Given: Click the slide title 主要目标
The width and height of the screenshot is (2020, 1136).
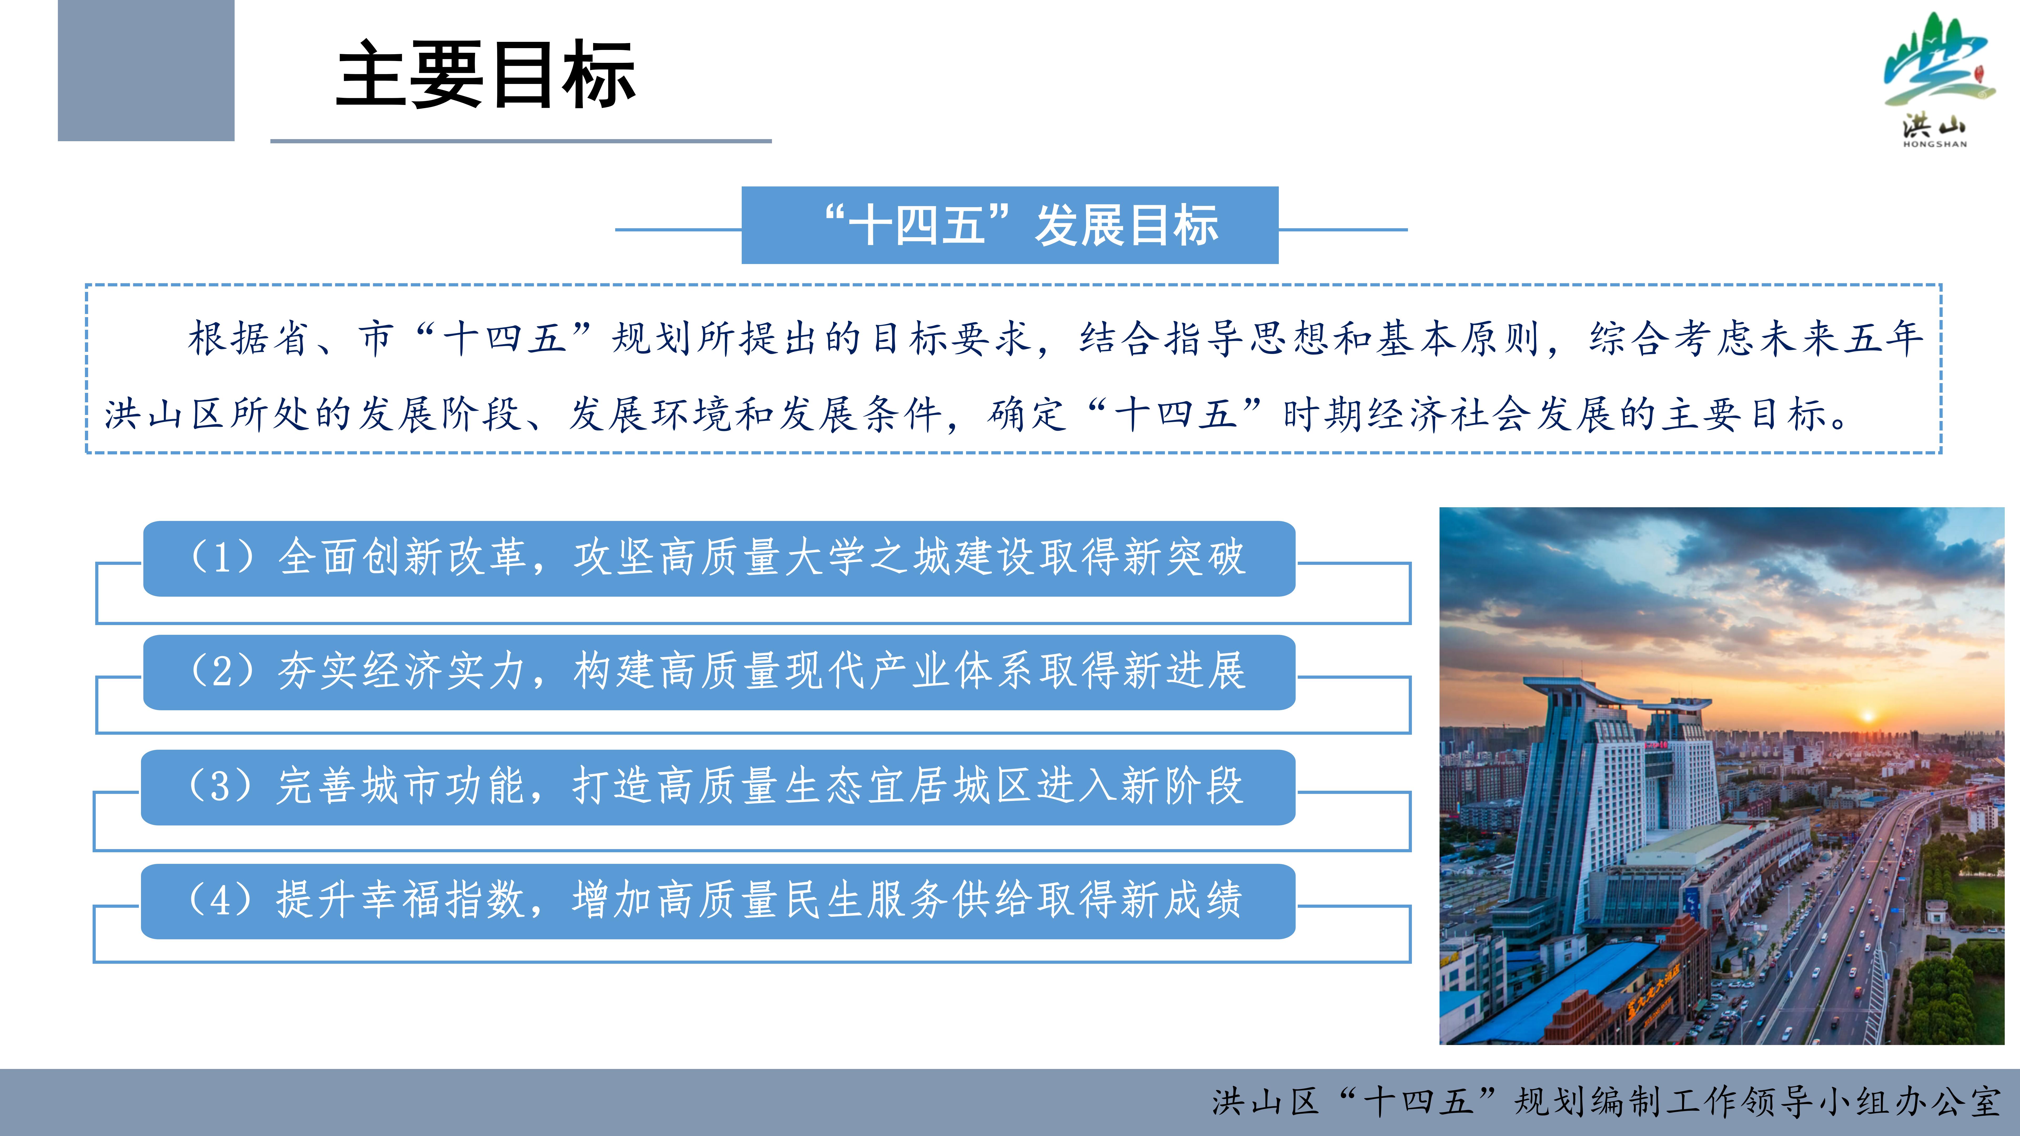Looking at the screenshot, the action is [485, 74].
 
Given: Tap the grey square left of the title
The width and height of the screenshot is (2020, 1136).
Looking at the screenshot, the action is [146, 70].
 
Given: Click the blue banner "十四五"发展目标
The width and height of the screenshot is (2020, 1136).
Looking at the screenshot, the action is [1010, 225].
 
